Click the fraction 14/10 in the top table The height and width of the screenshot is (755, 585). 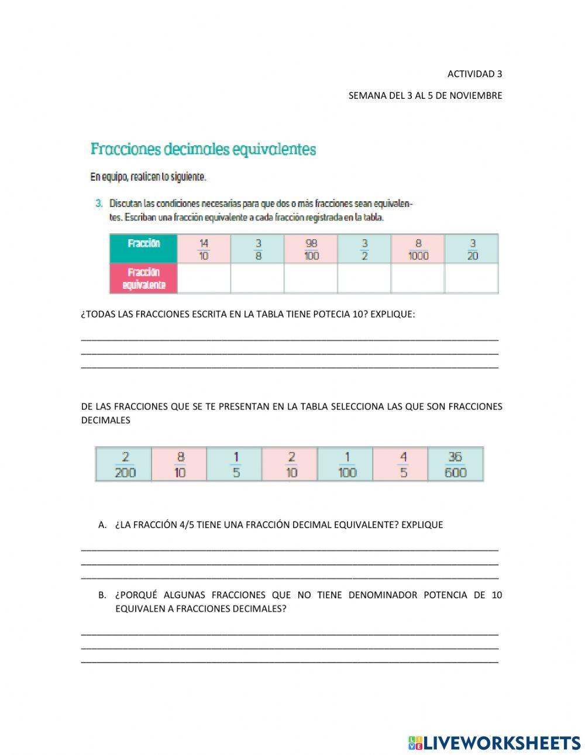pos(204,249)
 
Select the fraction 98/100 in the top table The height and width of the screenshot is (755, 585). pos(311,249)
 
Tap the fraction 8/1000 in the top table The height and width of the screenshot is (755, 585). pos(418,249)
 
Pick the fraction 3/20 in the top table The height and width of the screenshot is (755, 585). pos(472,249)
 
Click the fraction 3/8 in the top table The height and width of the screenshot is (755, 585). pos(258,249)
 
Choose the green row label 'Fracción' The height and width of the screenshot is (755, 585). pos(144,243)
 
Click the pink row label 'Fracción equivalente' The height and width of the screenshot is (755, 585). pos(144,278)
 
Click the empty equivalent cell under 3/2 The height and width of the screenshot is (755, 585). pos(364,278)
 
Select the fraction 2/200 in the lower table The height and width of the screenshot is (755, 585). pos(125,464)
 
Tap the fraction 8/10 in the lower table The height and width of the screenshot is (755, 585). pos(180,464)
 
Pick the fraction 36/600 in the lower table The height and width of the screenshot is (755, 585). pos(455,464)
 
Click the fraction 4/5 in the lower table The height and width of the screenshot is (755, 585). pos(402,464)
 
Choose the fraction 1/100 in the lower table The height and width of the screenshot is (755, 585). pos(347,464)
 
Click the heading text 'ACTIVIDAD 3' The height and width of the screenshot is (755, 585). pos(474,74)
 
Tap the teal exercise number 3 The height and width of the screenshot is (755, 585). pos(99,204)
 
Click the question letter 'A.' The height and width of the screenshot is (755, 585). pos(102,525)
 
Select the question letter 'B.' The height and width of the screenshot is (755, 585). pos(102,595)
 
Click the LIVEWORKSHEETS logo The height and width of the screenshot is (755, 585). pos(494,743)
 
